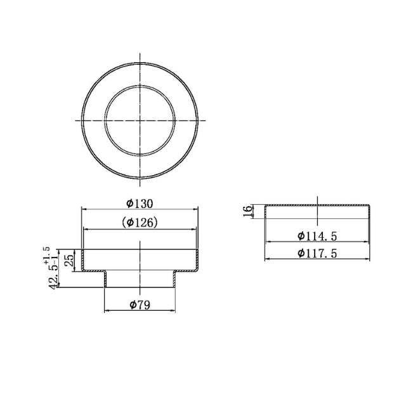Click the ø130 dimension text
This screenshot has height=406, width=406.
click(x=140, y=203)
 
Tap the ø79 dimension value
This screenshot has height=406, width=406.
click(x=140, y=305)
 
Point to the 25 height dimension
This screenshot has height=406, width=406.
click(x=71, y=259)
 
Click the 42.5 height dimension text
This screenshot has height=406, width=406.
click(x=55, y=277)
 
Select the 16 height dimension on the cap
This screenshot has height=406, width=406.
click(x=247, y=211)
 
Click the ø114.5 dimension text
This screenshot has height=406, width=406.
click(x=317, y=236)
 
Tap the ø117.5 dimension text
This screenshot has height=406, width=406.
click(x=317, y=253)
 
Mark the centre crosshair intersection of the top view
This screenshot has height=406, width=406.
click(x=140, y=120)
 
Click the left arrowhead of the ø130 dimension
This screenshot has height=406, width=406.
click(x=84, y=210)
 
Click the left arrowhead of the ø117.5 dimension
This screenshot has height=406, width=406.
click(x=266, y=259)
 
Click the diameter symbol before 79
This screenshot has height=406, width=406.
click(x=132, y=305)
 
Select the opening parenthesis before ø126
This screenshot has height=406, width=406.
click(x=123, y=223)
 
